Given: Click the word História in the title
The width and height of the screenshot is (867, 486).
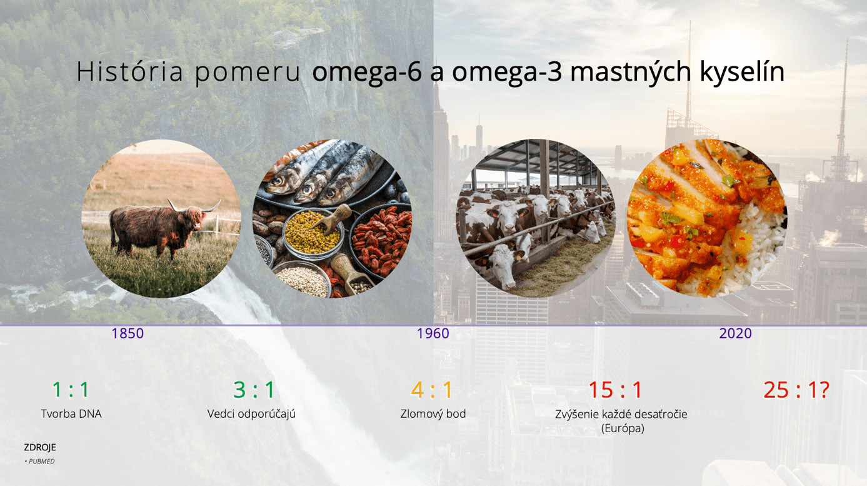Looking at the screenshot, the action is (129, 71).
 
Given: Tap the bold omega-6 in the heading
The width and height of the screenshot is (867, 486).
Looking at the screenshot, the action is (366, 72).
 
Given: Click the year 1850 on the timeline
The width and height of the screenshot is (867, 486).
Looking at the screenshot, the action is (128, 333).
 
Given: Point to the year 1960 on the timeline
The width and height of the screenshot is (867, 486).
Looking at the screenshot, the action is (433, 333).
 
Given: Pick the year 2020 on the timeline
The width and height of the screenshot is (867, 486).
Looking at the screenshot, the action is (735, 333).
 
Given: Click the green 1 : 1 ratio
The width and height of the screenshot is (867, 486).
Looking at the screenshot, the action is (71, 390).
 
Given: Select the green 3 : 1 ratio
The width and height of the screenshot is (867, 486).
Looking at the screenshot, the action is (254, 390).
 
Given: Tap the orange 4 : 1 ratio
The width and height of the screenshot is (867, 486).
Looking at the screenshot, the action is (431, 390).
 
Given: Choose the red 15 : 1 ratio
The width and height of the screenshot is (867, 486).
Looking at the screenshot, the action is (615, 390).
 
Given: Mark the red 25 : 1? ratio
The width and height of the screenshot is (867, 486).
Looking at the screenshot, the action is (796, 390).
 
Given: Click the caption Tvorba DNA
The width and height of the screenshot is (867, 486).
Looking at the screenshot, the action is (71, 414).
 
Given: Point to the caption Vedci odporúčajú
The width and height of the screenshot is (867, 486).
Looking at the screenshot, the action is (251, 414).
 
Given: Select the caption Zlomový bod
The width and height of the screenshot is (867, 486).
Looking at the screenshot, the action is (433, 414).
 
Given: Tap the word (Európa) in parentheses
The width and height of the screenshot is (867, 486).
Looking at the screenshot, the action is (623, 428).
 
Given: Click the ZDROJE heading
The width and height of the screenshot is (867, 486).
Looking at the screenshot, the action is (40, 448).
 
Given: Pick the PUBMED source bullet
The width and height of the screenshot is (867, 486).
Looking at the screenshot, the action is (39, 461).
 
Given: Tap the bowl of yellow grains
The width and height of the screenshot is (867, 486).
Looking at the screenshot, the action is (313, 232).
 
